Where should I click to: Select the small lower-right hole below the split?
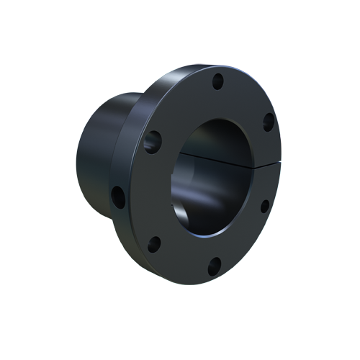(264, 206)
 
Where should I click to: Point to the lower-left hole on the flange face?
(154, 243)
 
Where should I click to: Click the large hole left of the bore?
(153, 140)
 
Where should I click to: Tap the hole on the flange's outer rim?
(117, 194)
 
